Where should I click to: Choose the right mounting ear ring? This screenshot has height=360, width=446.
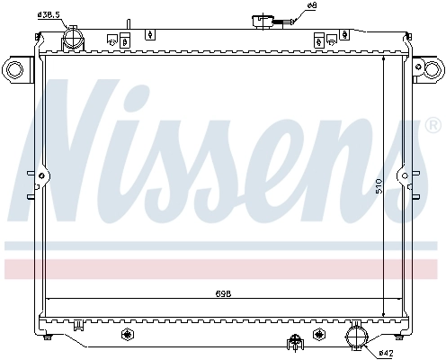point(430,68)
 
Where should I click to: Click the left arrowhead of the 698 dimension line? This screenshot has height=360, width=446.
point(49,298)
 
